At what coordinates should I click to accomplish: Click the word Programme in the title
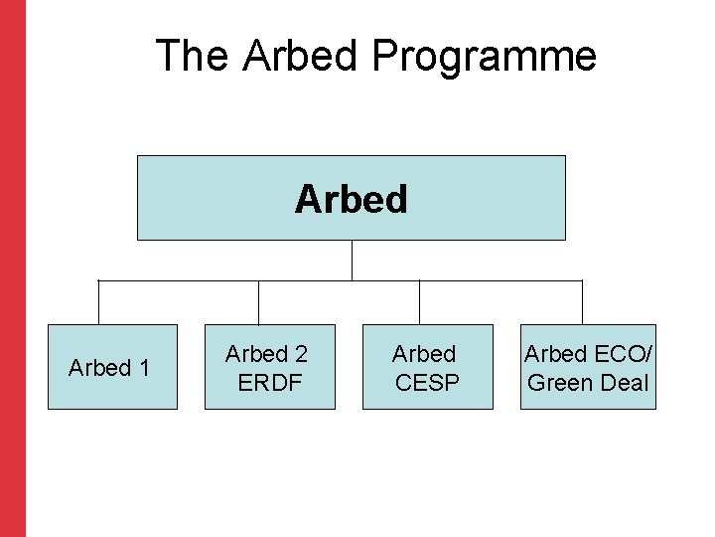pos(484,57)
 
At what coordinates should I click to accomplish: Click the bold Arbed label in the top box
pos(351,199)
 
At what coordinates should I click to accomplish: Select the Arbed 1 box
pos(112,367)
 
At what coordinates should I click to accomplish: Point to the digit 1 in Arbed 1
pos(144,368)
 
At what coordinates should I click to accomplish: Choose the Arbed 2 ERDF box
pos(269,367)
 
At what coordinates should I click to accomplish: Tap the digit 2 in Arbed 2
pos(300,353)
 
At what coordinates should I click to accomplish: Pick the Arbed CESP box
pos(427,367)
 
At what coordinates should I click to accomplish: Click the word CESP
pos(427,382)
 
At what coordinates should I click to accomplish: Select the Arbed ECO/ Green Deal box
pos(587,367)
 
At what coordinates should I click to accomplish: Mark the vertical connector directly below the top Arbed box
pos(352,260)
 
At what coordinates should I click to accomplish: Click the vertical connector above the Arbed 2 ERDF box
pos(259,302)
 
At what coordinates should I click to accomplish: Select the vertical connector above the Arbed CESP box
pos(419,302)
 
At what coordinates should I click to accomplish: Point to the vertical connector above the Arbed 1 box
pos(98,302)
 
